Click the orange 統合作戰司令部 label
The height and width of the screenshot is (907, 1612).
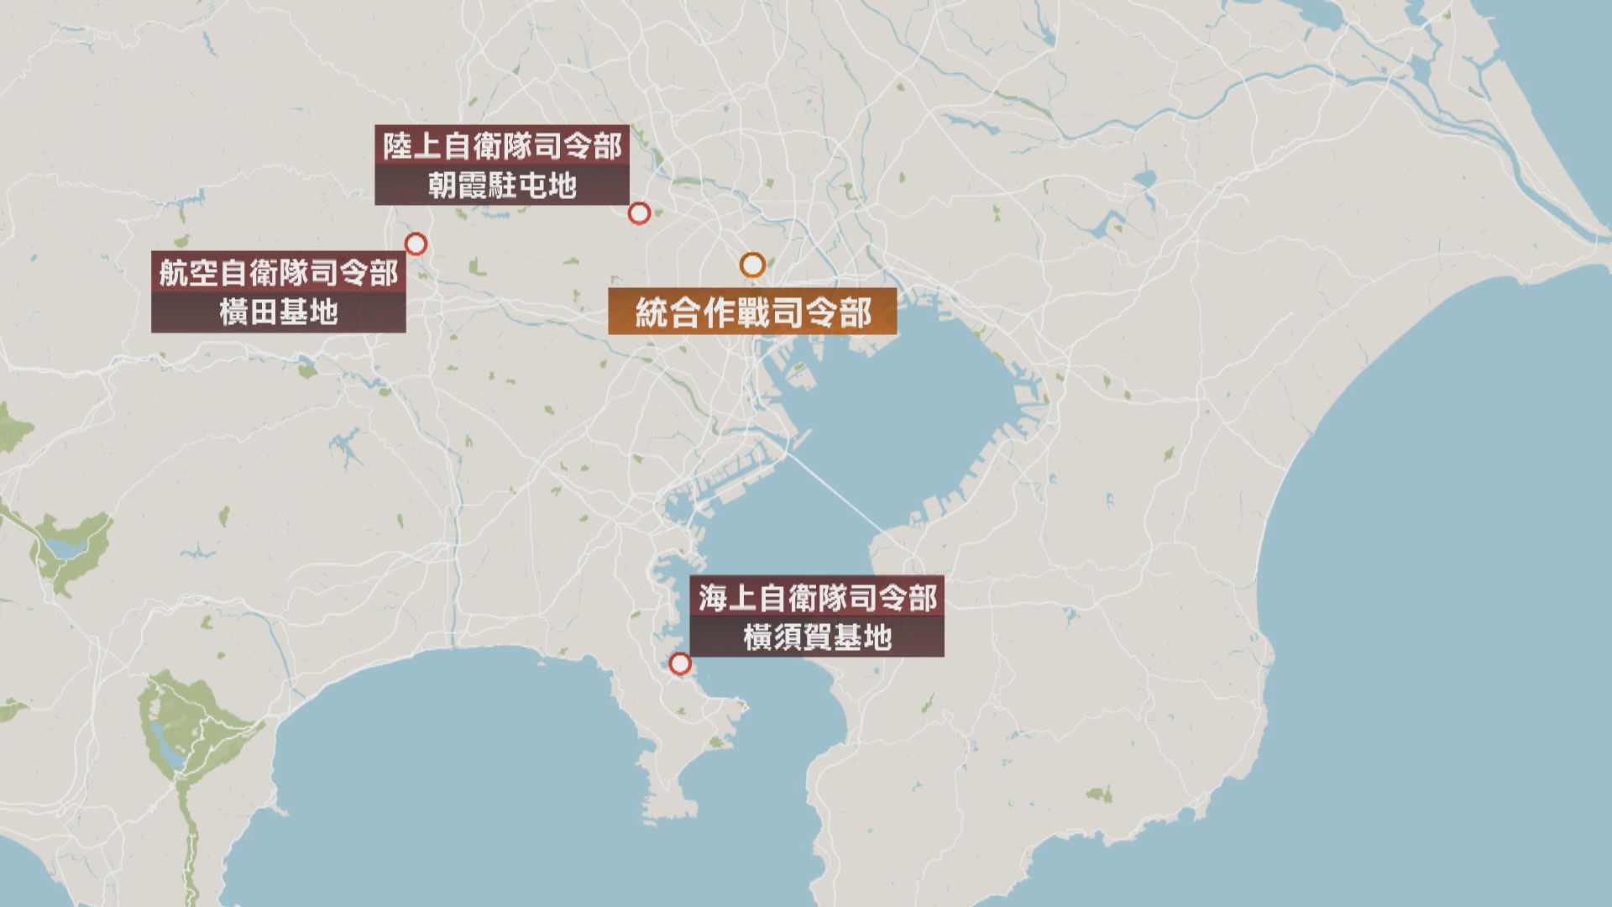(752, 313)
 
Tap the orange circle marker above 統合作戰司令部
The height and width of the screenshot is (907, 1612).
(752, 265)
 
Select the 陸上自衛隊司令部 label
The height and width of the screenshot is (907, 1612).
(502, 147)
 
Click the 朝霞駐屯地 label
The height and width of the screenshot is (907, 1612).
(502, 186)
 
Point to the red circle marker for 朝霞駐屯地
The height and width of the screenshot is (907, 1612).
(639, 213)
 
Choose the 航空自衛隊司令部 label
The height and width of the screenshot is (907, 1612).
(278, 273)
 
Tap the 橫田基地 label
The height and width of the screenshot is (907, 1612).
(278, 312)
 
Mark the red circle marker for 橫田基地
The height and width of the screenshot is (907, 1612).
(416, 244)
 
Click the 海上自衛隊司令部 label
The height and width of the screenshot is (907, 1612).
(817, 599)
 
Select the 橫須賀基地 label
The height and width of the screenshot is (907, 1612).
(817, 638)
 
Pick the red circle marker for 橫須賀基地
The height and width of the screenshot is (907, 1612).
(680, 664)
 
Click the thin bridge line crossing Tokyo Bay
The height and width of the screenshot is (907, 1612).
(840, 495)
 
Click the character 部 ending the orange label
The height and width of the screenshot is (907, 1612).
(856, 313)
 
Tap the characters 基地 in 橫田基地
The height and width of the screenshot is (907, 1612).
(308, 312)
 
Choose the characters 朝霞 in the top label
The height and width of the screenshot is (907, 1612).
(458, 186)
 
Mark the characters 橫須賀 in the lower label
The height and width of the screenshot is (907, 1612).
(788, 638)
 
